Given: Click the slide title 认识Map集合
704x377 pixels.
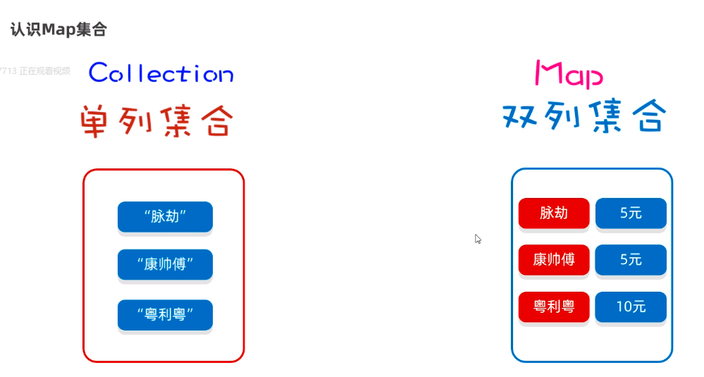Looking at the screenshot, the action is coord(58,30).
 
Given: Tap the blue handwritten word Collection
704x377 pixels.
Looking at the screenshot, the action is coord(161,73).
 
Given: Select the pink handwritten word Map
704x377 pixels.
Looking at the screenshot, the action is coord(569,74).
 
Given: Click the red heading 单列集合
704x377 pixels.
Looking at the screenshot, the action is coord(156,121).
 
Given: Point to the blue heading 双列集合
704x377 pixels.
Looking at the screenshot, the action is coord(583,116).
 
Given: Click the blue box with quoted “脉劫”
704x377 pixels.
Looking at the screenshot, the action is coord(165,216).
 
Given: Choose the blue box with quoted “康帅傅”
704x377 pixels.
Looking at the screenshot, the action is coord(165,264).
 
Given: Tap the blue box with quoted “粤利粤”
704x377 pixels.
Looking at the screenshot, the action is coord(165,314).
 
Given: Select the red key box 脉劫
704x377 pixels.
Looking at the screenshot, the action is coord(553,213).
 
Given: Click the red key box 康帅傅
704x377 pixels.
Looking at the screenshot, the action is coord(553,260).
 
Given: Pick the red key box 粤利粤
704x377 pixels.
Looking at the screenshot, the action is coord(553,307).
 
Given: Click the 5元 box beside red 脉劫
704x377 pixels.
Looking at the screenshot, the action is coord(631,213).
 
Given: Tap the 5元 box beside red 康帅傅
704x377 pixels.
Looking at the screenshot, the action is coord(631,260).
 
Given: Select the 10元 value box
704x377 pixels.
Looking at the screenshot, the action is coord(631,307).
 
